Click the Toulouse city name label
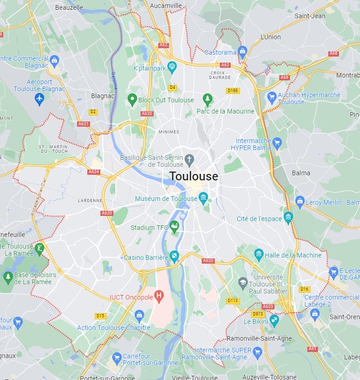pos(193,176)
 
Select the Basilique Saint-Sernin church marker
pos(189,159)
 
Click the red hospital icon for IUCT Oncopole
pos(159,296)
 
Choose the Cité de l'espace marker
pos(288,218)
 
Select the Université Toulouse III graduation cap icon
pos(243,283)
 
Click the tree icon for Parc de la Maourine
pos(207,99)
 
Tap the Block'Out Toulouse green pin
pos(132,99)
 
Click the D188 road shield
pos(233,90)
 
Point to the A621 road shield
pos(84,124)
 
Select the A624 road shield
pos(94,172)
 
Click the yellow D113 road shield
pos(233,301)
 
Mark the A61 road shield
pos(312,349)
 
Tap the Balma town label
pos(301,172)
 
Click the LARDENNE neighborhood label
pos(90,201)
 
